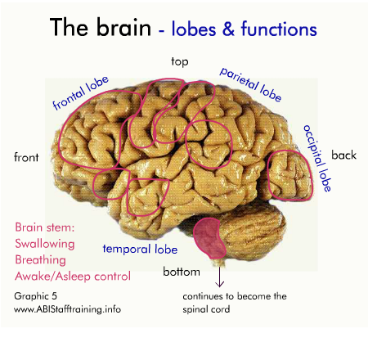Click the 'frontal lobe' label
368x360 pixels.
coord(81,93)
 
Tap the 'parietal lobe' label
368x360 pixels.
coord(251,84)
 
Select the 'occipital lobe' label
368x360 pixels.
coord(317,158)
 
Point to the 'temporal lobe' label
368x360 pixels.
coord(140,250)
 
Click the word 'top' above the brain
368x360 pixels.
coord(180,62)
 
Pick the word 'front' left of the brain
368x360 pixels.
coord(26,157)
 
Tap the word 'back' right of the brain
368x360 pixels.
coord(343,155)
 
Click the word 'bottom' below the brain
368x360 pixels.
coord(182,272)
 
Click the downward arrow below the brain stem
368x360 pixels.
coord(219,277)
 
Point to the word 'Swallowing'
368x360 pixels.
coord(45,244)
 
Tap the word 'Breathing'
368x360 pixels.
coord(40,260)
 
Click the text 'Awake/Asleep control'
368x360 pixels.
coord(73,277)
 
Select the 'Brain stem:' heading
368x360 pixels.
coord(45,227)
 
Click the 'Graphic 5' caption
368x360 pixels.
coord(35,296)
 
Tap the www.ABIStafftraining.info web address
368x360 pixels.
coord(67,309)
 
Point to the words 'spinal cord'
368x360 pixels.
coord(206,309)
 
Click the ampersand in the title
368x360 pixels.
coord(228,29)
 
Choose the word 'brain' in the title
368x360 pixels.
coord(124,27)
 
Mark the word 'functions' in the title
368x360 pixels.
coord(279,29)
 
